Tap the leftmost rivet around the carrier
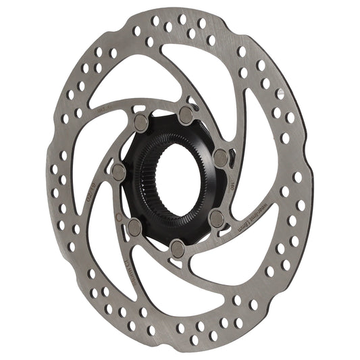pos(118,168)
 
